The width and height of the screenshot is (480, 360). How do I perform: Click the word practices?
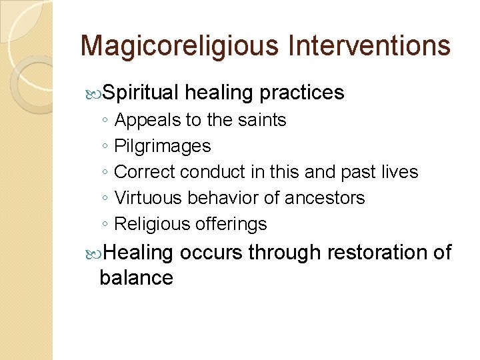point(302,93)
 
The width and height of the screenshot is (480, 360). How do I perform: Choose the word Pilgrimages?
point(163,146)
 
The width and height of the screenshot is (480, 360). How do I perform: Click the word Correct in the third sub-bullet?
point(145,172)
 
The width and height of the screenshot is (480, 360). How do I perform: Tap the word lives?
point(399,172)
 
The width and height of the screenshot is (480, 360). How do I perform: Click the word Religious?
point(153,224)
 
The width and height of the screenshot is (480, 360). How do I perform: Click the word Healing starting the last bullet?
point(138,253)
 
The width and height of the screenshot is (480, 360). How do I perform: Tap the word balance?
point(136,277)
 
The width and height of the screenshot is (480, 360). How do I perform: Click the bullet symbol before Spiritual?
point(93,93)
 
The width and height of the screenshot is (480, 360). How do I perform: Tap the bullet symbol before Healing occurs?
point(93,253)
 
